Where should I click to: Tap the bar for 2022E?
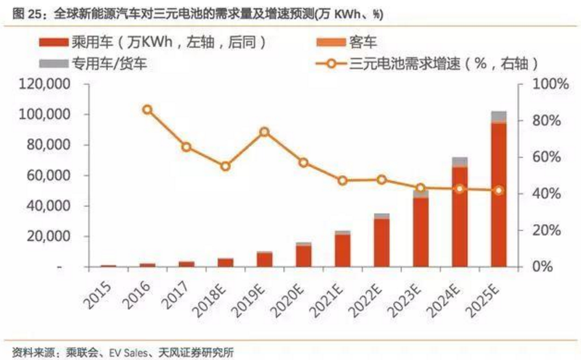pos(381,240)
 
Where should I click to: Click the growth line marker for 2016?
pos(147,110)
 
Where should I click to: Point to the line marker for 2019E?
pos(264,132)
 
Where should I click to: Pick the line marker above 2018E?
pos(225,166)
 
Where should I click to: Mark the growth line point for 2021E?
pos(342,181)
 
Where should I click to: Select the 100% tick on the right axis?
pos(542,84)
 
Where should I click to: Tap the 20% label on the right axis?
pos(542,231)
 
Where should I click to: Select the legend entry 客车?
pos(364,43)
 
